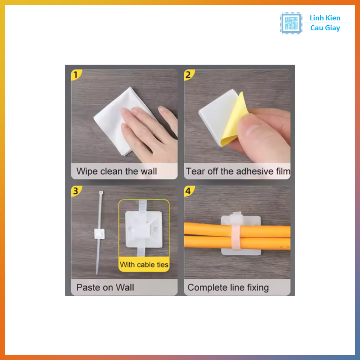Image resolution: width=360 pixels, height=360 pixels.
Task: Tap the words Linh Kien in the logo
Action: coord(325,18)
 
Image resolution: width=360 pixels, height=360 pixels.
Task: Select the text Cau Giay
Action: coord(325,28)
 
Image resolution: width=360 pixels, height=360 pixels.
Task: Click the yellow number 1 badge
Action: coord(76,75)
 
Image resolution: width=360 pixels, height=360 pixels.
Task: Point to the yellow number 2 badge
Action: coord(189,75)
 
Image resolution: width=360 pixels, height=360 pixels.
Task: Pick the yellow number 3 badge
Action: coord(76,191)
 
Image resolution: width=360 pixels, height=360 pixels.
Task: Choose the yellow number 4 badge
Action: coord(189,191)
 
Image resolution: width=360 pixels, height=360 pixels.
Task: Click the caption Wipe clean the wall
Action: coord(117,171)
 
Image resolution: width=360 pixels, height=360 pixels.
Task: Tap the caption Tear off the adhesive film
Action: coord(238,171)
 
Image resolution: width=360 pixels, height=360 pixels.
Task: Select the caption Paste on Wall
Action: coord(105,288)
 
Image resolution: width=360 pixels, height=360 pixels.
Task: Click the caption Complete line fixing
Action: coord(228,288)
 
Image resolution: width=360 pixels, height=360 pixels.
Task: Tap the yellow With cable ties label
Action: coord(144,264)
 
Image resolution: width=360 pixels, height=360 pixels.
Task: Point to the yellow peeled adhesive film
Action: coord(234,120)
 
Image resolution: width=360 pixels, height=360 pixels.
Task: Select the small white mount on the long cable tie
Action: coord(99,234)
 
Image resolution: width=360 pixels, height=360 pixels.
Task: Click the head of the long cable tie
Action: coord(101,192)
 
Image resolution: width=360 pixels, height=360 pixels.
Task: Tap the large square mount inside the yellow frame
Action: coord(144,229)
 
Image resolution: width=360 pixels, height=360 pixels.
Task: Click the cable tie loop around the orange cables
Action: coord(236,232)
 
